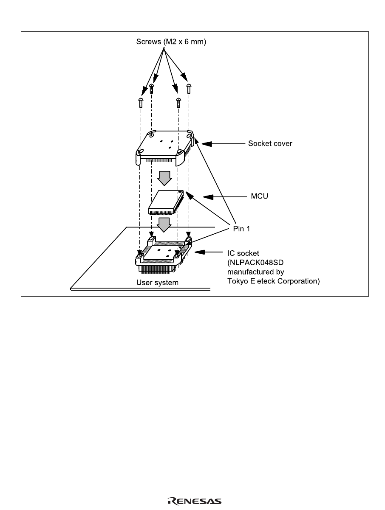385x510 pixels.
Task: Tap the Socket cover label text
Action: pyautogui.click(x=270, y=143)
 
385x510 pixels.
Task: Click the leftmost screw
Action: pyautogui.click(x=141, y=103)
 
